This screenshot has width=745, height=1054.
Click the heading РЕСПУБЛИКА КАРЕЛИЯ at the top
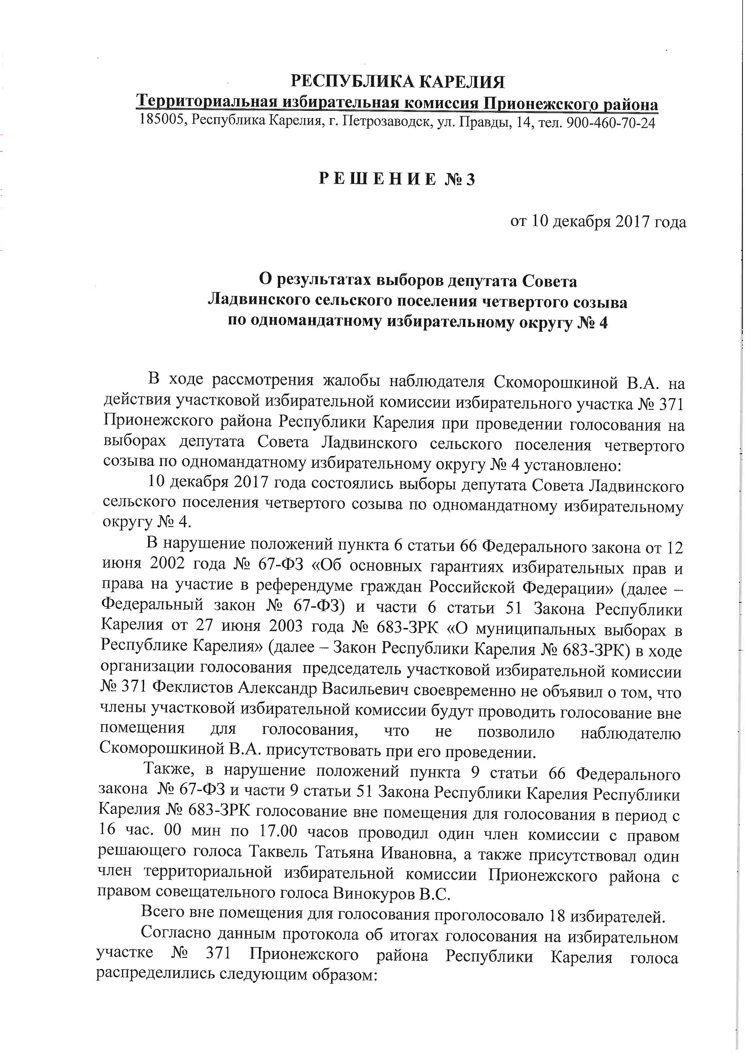[397, 82]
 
